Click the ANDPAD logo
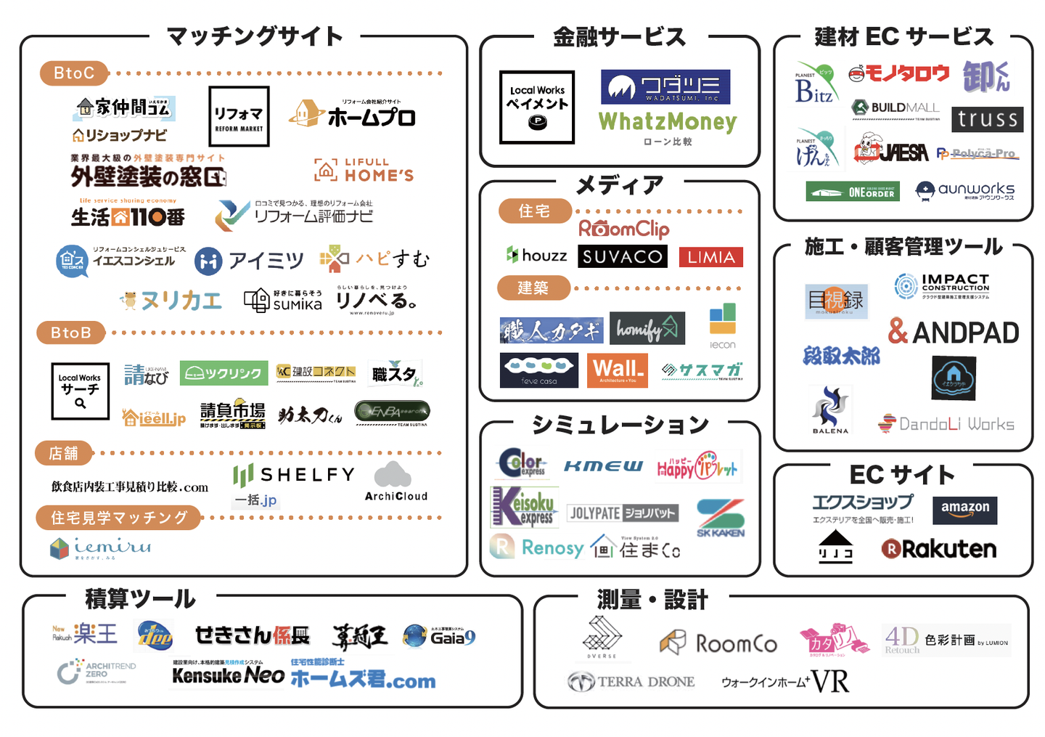click(x=954, y=332)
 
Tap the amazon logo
click(x=965, y=510)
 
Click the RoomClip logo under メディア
click(x=623, y=229)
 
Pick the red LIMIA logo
click(x=711, y=257)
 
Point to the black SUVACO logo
click(x=623, y=256)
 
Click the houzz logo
click(x=537, y=256)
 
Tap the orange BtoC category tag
click(x=74, y=73)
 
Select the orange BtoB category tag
click(x=70, y=333)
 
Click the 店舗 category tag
click(x=63, y=453)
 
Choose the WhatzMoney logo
click(x=668, y=122)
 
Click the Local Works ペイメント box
click(x=537, y=107)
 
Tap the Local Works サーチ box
click(x=80, y=391)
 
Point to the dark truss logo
click(x=987, y=119)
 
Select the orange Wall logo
click(x=618, y=370)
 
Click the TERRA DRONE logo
click(x=631, y=682)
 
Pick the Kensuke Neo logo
click(x=228, y=675)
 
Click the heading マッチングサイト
click(x=255, y=36)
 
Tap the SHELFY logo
click(x=295, y=476)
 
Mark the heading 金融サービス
click(x=619, y=37)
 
